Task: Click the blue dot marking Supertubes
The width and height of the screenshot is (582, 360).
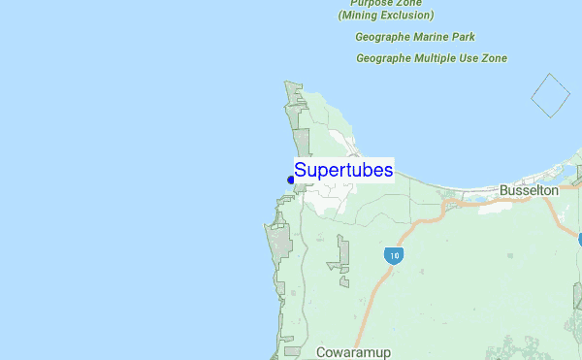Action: [291, 180]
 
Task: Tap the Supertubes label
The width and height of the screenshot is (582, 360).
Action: [343, 170]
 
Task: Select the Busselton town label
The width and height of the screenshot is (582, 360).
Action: [529, 191]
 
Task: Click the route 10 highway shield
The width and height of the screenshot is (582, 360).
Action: [393, 256]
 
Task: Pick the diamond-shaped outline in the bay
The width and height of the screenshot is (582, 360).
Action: [550, 96]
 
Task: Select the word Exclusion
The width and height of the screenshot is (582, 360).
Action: [408, 16]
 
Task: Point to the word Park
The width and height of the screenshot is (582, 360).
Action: [464, 37]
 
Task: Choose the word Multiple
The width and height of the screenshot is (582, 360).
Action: [438, 58]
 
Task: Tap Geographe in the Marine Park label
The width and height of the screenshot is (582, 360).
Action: [383, 37]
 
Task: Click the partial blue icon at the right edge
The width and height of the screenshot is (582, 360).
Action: [579, 238]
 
